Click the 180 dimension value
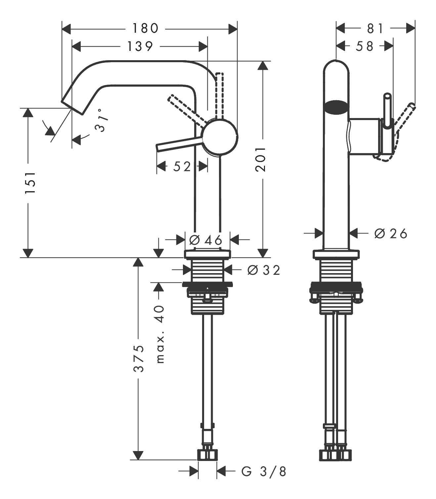click(146, 28)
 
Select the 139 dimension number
click(140, 46)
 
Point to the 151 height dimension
click(30, 183)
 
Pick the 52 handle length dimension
click(182, 166)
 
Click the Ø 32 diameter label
click(264, 270)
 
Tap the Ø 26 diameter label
click(391, 234)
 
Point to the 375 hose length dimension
click(139, 358)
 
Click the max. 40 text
click(160, 334)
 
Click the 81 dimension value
click(375, 28)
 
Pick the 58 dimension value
click(365, 46)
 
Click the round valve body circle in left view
click(220, 137)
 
